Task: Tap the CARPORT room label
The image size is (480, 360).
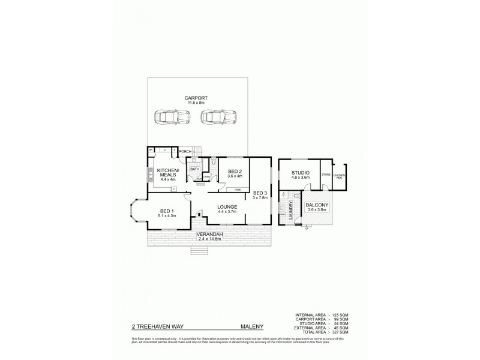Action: tap(196, 98)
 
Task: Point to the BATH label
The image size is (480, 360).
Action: tap(195, 169)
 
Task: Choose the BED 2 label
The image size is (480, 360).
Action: tap(234, 171)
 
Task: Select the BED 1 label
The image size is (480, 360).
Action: tap(167, 211)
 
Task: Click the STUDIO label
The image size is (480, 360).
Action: tap(300, 173)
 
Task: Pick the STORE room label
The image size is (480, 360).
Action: tap(326, 175)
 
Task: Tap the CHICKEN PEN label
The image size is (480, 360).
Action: tap(340, 176)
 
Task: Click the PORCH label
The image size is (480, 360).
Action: tap(184, 151)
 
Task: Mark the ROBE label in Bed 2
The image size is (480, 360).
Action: tap(238, 190)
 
